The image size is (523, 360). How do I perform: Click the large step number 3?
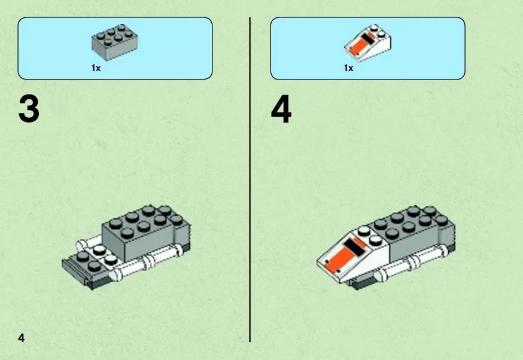29,109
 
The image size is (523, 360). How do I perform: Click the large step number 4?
281,109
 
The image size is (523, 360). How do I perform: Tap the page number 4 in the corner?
22,338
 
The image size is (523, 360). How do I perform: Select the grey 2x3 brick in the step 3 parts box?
115,42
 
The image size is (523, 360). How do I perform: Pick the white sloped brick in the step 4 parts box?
367,43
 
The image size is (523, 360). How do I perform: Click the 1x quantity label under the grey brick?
96,68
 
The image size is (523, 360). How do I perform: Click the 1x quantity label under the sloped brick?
348,68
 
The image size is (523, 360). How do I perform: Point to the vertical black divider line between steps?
250,179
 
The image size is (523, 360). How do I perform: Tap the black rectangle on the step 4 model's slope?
355,248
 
